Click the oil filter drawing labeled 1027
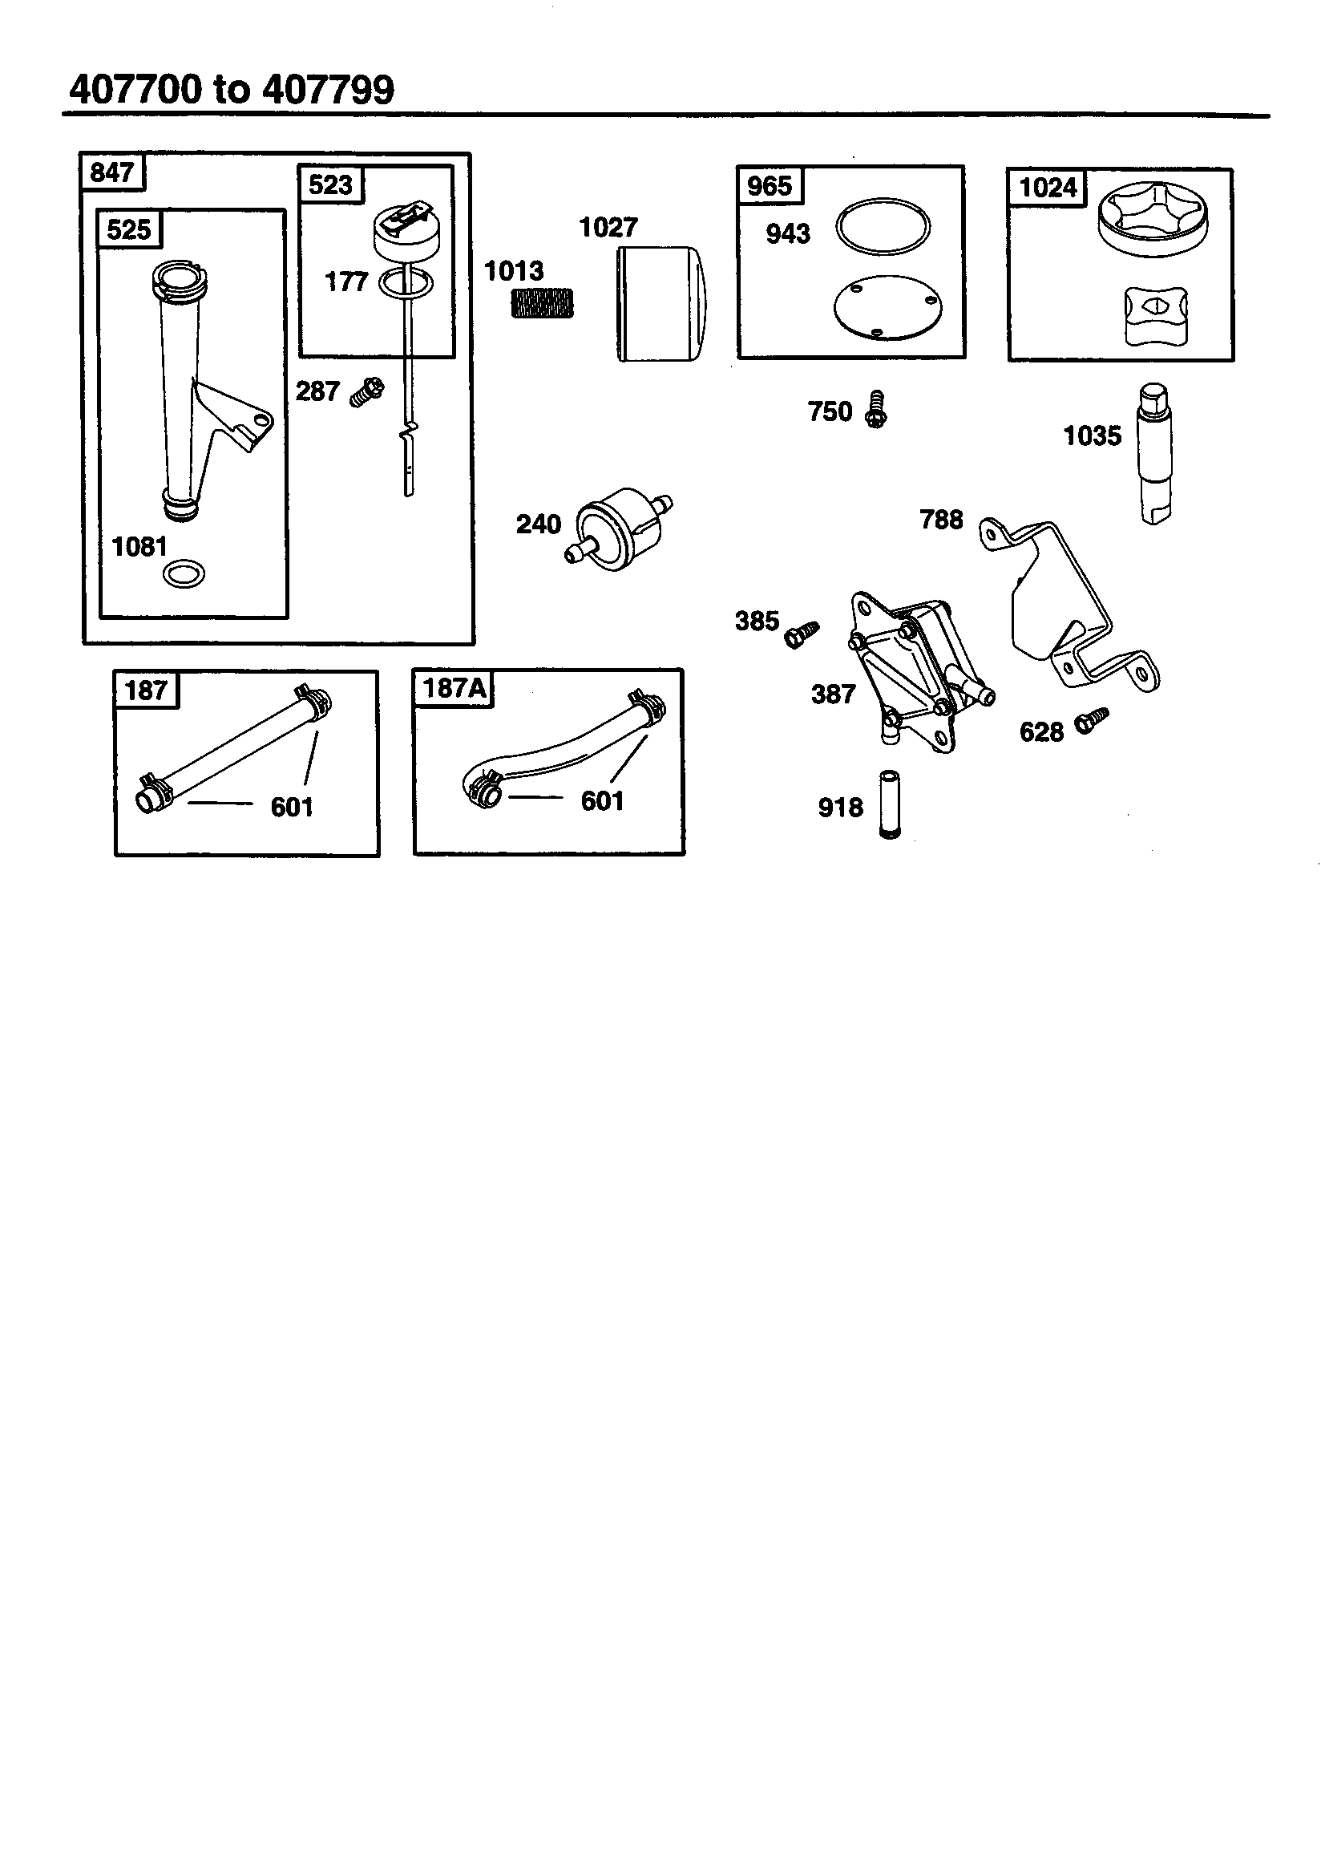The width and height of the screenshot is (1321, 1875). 660,304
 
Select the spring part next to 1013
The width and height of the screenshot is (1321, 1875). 542,304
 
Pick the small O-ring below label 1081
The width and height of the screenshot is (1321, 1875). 184,574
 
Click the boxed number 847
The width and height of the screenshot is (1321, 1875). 112,173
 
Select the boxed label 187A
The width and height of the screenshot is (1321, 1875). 454,688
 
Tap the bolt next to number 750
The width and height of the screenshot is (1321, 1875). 875,411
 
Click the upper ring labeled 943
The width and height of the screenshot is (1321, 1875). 883,226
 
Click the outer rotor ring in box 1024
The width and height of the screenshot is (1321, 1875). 1152,217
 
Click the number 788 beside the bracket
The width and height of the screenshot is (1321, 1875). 940,520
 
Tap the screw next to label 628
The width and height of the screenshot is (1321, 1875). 1091,719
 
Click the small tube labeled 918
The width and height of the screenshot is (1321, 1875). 889,805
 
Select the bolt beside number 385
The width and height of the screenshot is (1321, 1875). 801,634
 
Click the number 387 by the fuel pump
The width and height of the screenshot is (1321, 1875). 833,695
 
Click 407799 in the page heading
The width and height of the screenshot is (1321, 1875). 328,89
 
